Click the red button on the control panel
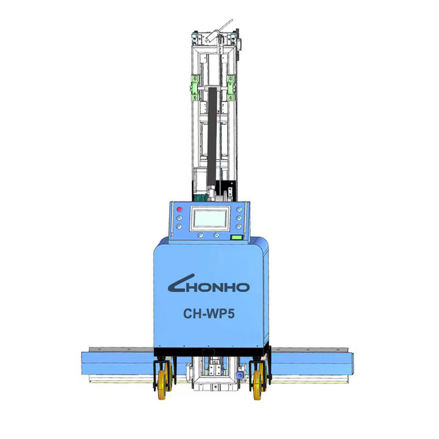[179, 209]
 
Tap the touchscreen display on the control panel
[210, 218]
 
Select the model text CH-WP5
[209, 313]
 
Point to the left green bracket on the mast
[195, 87]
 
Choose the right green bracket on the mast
[230, 87]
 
